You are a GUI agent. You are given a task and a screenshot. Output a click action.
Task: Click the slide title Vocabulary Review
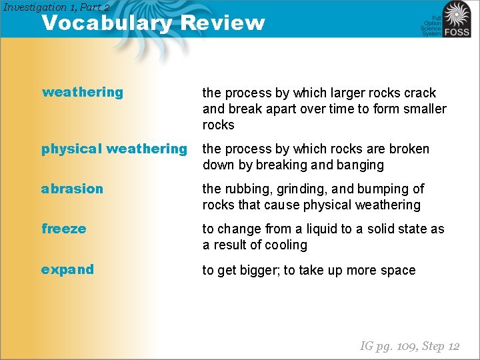[153, 23]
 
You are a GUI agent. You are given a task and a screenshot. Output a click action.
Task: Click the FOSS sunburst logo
[457, 19]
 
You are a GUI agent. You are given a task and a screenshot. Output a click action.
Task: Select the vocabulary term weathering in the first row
[83, 92]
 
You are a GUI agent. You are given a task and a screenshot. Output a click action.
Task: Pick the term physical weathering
[114, 149]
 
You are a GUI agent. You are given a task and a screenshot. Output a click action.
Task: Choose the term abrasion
[72, 189]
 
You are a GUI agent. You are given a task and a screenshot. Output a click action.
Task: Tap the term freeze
[64, 229]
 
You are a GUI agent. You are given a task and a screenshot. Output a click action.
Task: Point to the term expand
[67, 269]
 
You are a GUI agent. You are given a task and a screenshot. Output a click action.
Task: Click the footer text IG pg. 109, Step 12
[409, 345]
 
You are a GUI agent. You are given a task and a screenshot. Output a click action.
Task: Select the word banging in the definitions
[360, 165]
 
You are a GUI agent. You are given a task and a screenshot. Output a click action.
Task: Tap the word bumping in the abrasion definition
[384, 189]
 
